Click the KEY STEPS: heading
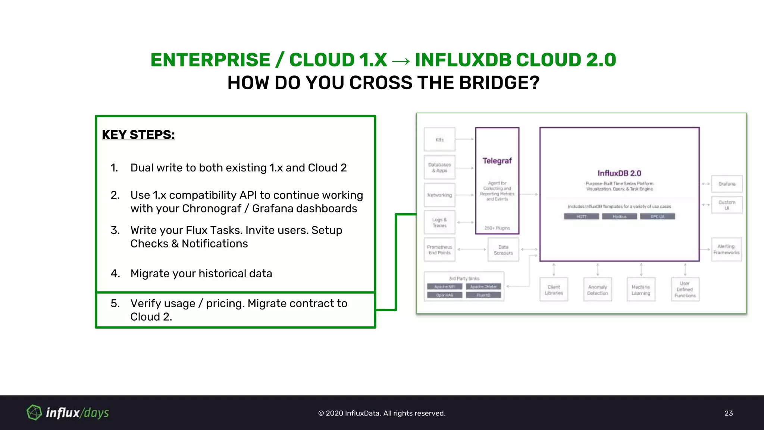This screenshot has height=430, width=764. point(138,135)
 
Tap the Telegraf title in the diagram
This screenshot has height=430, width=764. point(497,161)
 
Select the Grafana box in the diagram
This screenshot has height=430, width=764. point(727,184)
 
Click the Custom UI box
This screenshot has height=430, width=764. point(727,205)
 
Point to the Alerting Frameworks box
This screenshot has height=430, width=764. point(726,249)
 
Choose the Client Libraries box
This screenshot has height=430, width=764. point(554,290)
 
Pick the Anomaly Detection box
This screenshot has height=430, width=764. point(597,290)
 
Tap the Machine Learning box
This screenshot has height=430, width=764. point(641,290)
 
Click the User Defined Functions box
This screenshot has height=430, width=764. point(685,290)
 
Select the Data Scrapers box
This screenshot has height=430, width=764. point(503,250)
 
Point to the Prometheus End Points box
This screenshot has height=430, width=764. point(439,250)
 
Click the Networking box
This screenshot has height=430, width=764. point(439,195)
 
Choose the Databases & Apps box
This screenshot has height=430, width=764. point(439,168)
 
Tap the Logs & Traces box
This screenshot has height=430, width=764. point(439,222)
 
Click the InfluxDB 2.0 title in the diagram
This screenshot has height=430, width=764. point(619,173)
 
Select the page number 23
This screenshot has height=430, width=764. point(729,413)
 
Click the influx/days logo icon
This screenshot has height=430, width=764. point(34,412)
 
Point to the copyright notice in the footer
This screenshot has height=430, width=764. point(382,413)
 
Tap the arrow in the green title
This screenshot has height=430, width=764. point(401,60)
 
